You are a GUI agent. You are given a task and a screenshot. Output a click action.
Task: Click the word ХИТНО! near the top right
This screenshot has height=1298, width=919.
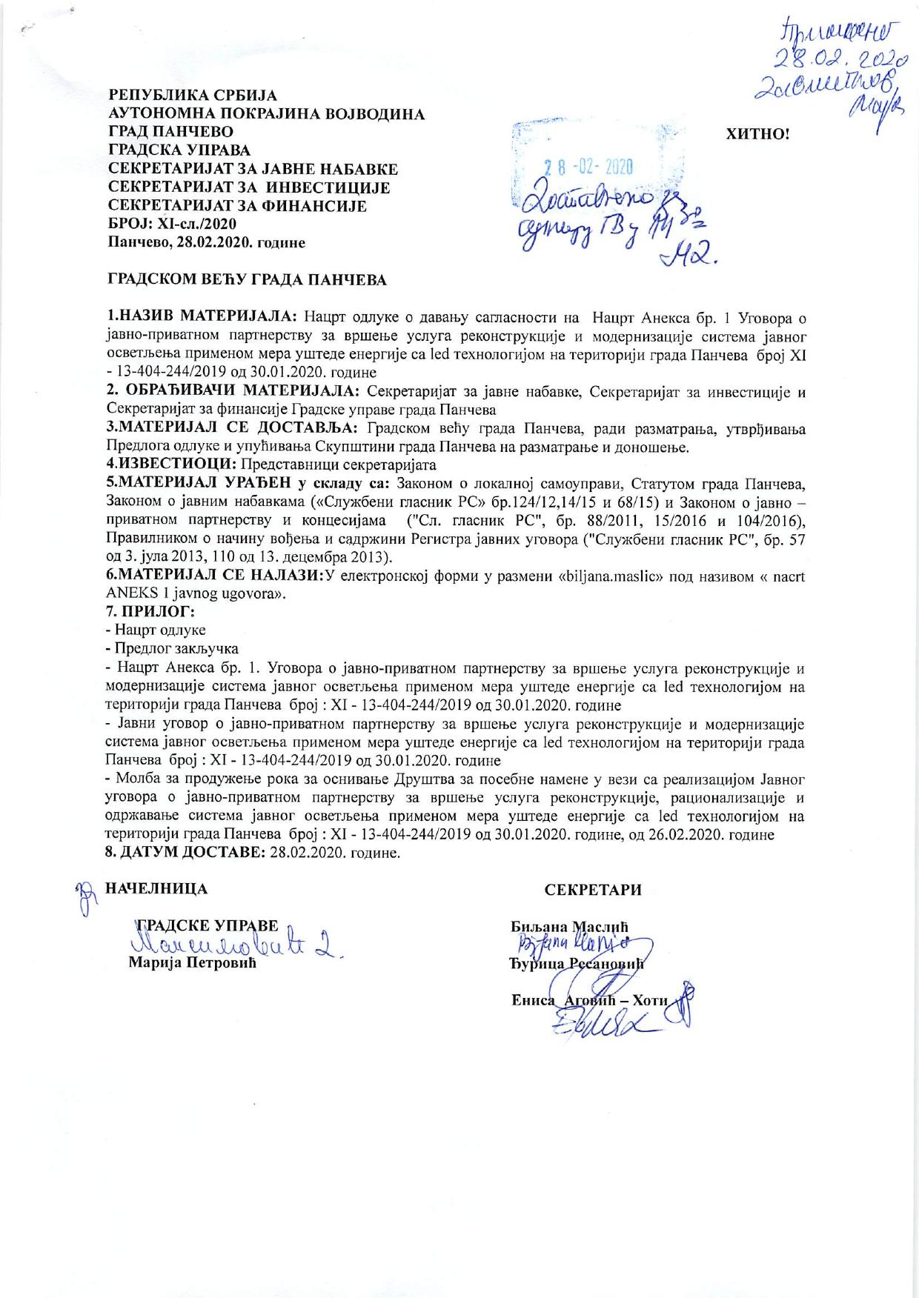(759, 135)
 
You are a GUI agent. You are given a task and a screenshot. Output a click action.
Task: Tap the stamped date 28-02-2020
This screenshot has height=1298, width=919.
(588, 167)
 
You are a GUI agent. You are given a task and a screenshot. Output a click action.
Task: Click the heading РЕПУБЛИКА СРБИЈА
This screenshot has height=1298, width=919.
(193, 96)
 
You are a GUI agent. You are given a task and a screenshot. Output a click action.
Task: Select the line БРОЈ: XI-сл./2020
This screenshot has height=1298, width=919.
(173, 223)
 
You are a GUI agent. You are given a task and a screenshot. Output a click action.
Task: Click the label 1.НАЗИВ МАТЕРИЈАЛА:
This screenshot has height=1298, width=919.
(202, 319)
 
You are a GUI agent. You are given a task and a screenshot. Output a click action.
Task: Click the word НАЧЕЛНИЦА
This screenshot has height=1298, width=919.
(157, 888)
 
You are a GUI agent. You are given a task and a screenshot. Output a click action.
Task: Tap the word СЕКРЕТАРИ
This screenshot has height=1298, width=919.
(593, 891)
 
